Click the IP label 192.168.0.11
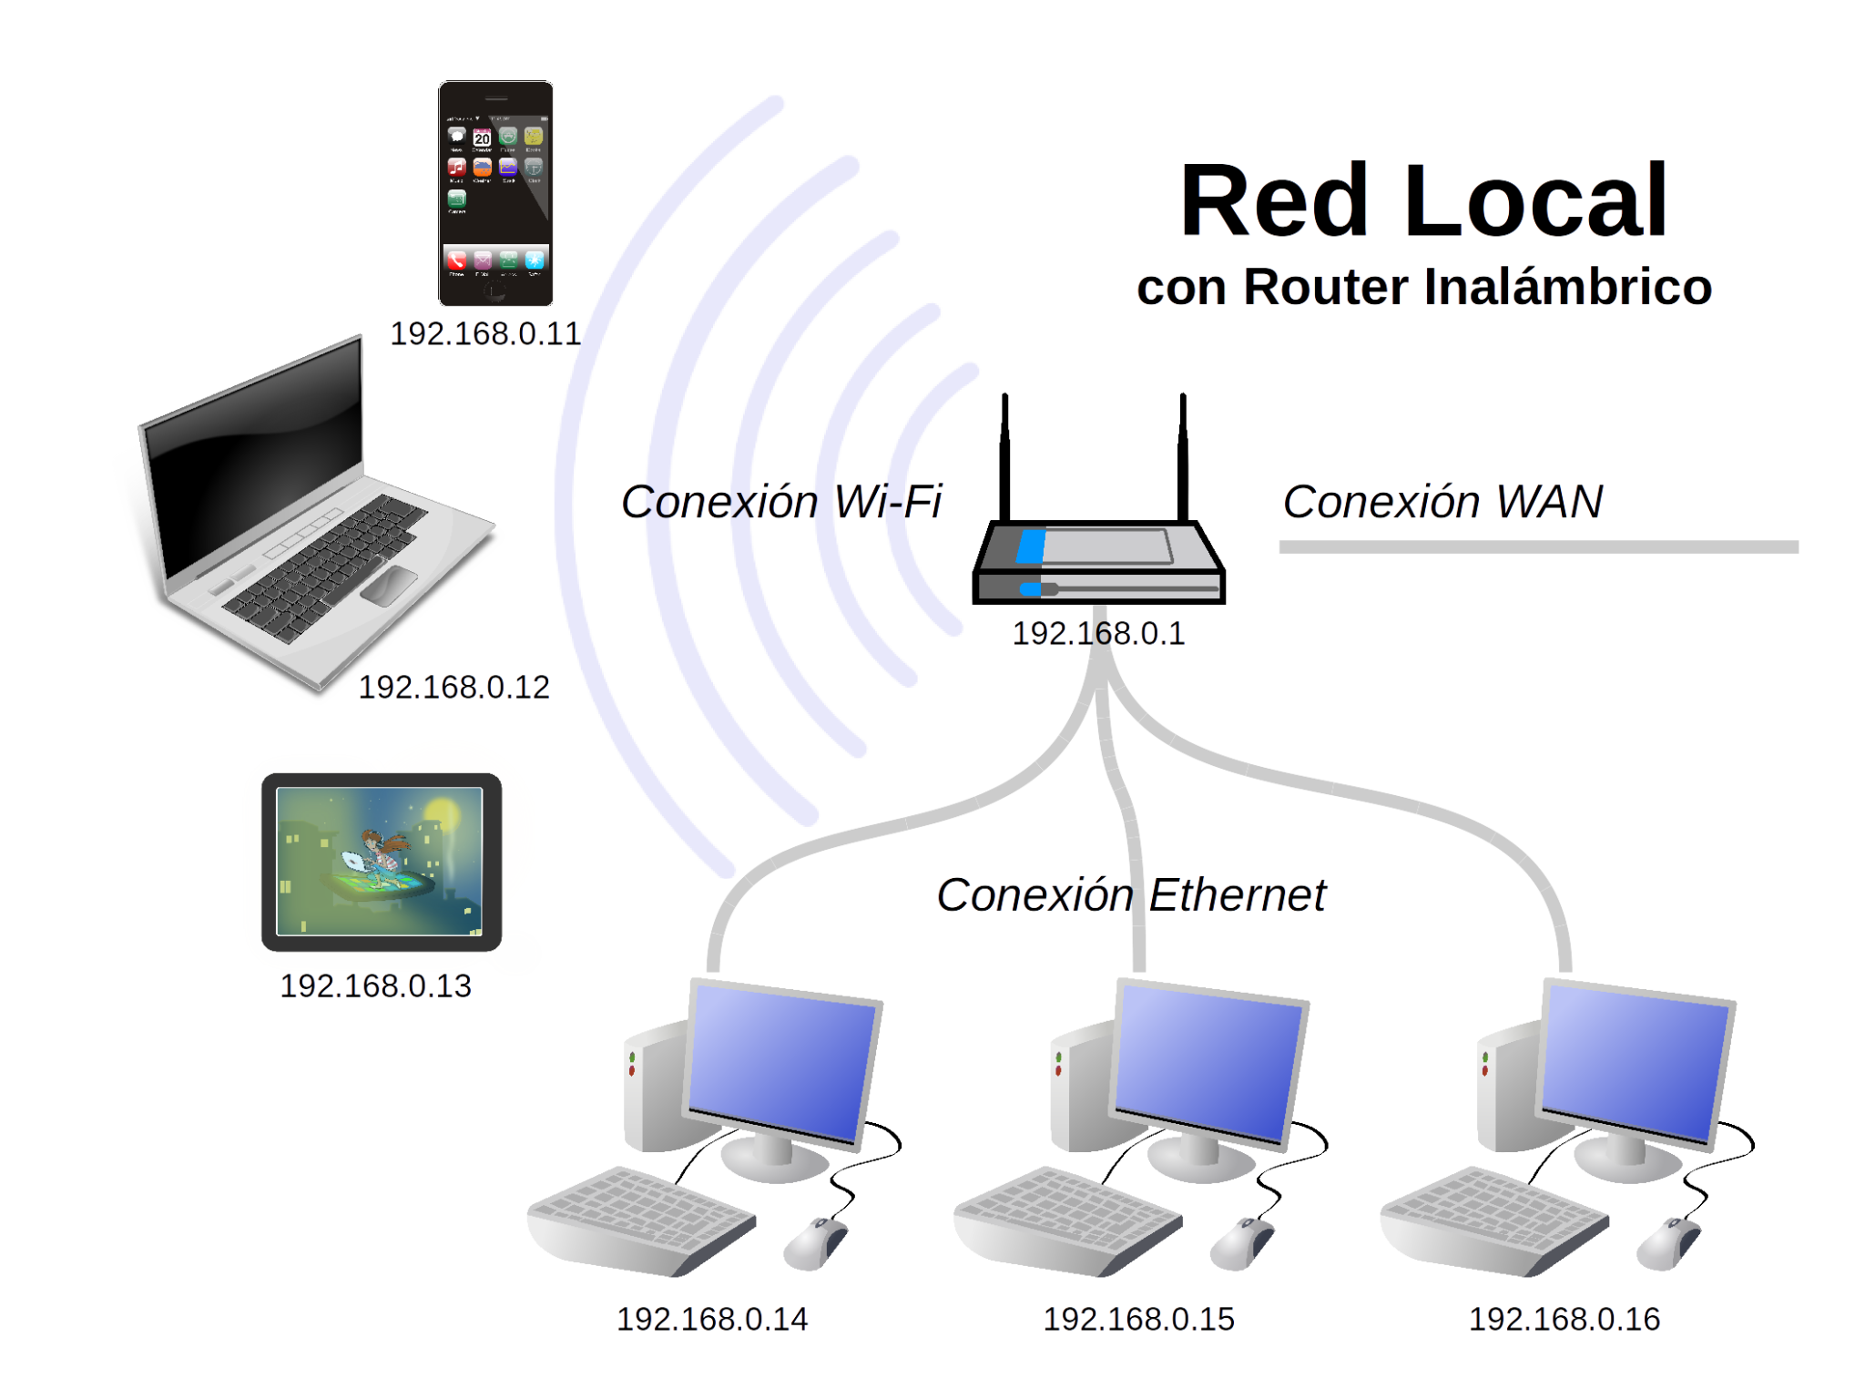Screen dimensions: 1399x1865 484,334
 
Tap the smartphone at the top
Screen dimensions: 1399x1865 495,193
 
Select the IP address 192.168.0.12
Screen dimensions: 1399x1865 454,687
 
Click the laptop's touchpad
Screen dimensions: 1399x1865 390,585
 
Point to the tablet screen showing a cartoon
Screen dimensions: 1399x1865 380,861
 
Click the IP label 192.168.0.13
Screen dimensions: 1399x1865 376,985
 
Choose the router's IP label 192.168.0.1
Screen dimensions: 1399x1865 1098,633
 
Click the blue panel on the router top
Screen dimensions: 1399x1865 1031,546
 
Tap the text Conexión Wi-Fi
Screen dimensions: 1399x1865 781,502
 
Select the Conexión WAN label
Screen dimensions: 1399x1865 1442,502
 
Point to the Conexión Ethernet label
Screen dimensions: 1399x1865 1131,895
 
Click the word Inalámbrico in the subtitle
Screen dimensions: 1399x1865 1568,287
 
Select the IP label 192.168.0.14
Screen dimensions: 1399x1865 712,1319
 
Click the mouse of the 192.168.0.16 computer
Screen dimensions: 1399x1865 1668,1242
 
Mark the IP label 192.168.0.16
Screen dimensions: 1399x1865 1564,1319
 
